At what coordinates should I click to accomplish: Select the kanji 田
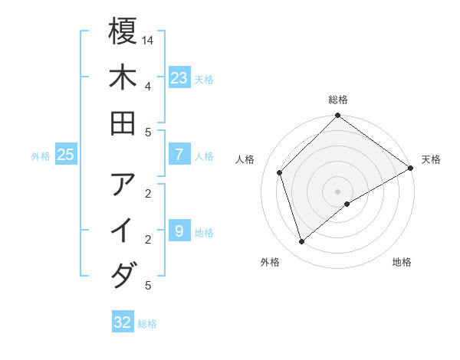(x=123, y=123)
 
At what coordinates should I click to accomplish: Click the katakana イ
(x=123, y=231)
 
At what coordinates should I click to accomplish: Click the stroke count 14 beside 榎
(x=148, y=39)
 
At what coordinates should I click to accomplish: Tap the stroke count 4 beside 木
(x=147, y=85)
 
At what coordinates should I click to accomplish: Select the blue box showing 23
(x=179, y=78)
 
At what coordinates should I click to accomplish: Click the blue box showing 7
(x=179, y=155)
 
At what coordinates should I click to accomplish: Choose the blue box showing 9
(x=179, y=231)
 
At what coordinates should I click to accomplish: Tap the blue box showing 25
(x=65, y=155)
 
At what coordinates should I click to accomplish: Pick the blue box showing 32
(x=123, y=322)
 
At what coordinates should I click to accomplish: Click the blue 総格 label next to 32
(x=147, y=324)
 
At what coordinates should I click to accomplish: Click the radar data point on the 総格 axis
(x=338, y=116)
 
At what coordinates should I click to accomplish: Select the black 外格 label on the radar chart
(x=270, y=262)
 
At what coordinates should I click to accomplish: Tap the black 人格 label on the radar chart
(x=245, y=159)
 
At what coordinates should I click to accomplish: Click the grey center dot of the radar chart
(x=338, y=191)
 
